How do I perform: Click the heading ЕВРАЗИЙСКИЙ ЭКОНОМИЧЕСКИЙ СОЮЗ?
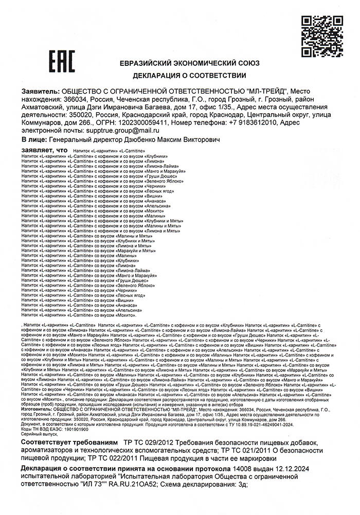click(x=189, y=63)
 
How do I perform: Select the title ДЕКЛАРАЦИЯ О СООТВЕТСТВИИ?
click(x=189, y=76)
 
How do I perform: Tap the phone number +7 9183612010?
click(x=251, y=123)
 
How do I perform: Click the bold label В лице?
click(x=33, y=139)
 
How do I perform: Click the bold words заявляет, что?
click(x=44, y=150)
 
